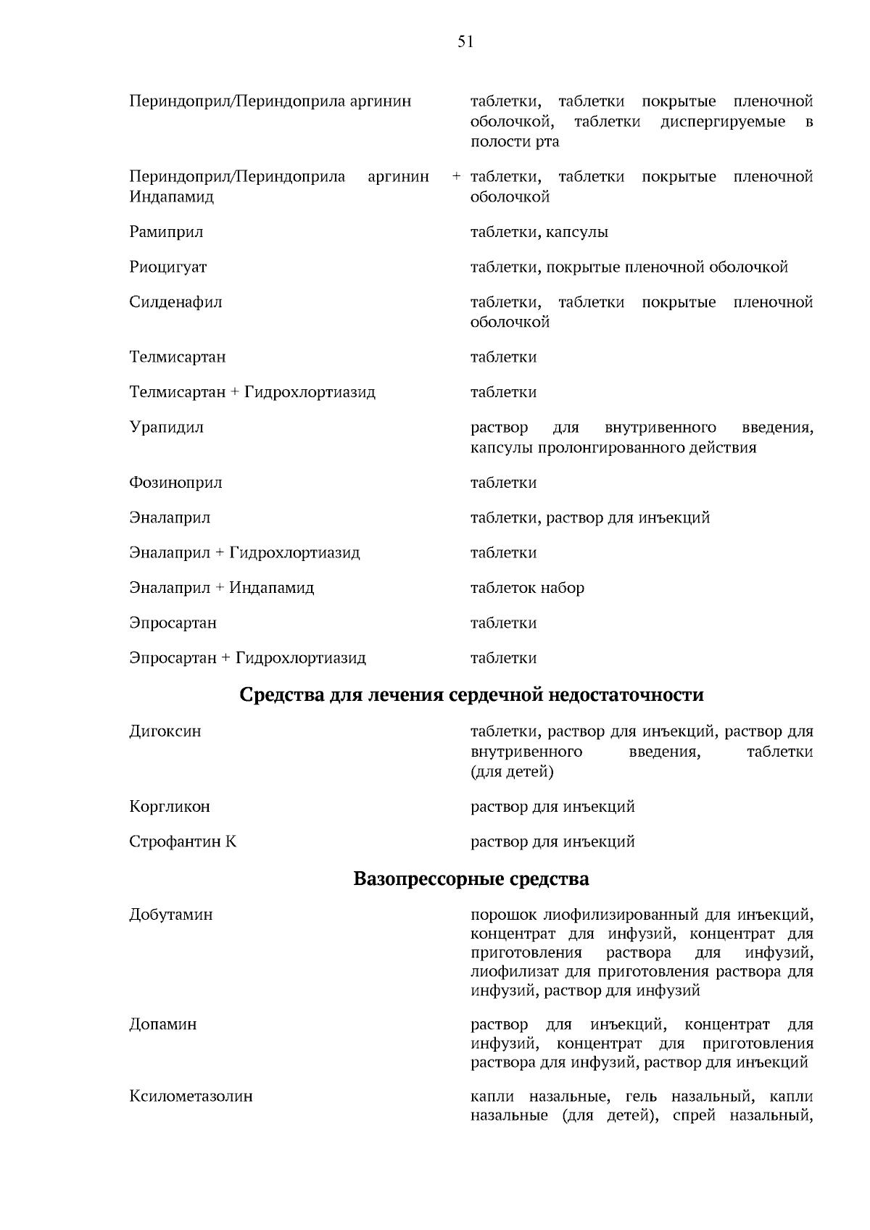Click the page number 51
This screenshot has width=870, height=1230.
[465, 42]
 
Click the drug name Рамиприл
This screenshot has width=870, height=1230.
[166, 232]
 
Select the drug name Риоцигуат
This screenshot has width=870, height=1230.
[168, 267]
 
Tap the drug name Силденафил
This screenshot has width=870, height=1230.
[175, 302]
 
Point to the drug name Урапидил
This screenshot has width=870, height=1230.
[166, 427]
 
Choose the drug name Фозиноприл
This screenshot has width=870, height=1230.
[175, 482]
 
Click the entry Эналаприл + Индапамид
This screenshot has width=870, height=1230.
[221, 587]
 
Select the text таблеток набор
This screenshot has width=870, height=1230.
[527, 587]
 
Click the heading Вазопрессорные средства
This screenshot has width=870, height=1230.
[471, 878]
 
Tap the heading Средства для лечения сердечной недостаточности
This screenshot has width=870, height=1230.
[471, 694]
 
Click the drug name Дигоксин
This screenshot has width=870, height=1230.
[165, 731]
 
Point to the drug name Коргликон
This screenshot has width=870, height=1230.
[170, 806]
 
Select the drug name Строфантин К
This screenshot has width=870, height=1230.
[183, 842]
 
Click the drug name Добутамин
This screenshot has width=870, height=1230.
[171, 914]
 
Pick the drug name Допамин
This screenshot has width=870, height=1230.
[163, 1024]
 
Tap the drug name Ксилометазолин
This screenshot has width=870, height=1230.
[191, 1095]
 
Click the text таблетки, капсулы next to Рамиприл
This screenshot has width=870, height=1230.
[539, 232]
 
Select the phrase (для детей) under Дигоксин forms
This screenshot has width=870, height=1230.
[512, 771]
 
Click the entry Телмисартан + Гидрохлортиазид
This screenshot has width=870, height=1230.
[252, 392]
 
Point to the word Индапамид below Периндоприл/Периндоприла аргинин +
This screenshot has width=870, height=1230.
[171, 196]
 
